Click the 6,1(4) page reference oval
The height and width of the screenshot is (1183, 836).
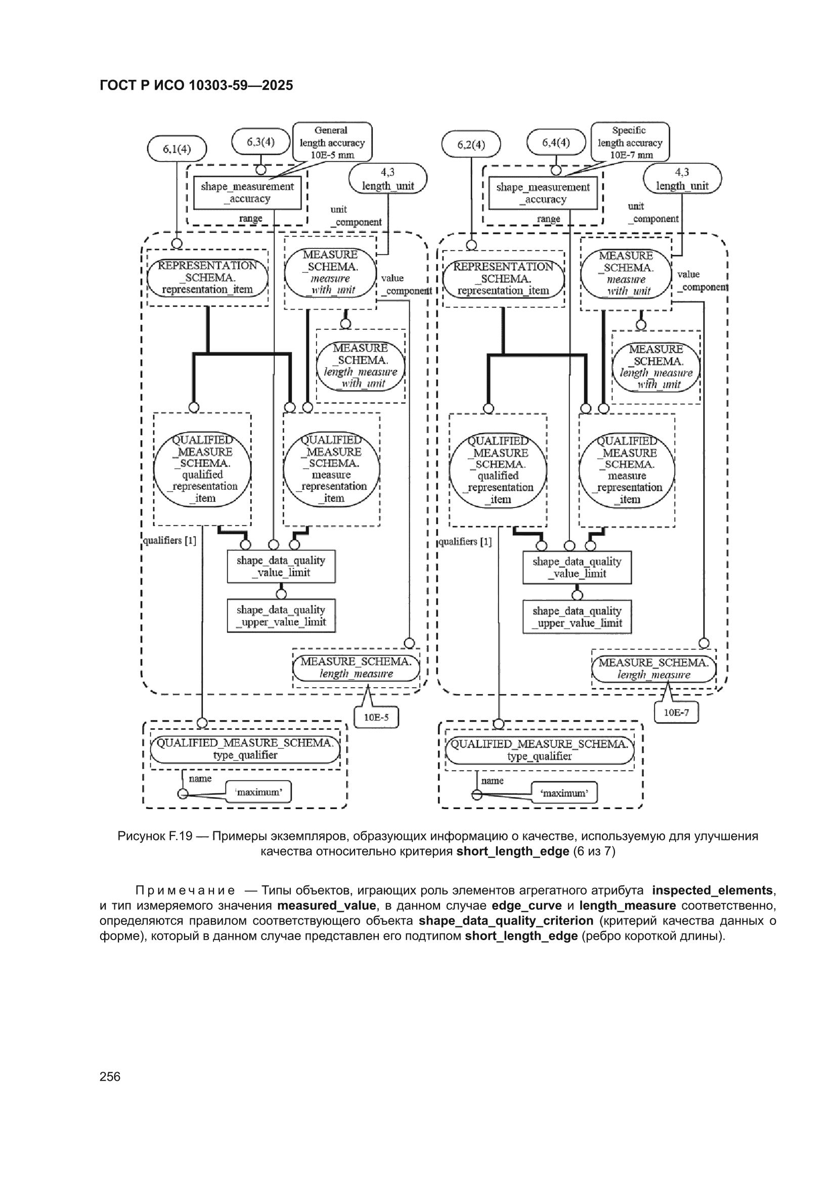pyautogui.click(x=177, y=149)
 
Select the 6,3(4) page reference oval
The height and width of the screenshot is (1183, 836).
pyautogui.click(x=260, y=142)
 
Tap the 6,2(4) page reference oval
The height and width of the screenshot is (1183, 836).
pyautogui.click(x=471, y=144)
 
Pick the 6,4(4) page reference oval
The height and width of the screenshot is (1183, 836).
pyautogui.click(x=556, y=142)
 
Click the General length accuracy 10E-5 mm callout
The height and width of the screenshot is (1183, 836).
pyautogui.click(x=332, y=142)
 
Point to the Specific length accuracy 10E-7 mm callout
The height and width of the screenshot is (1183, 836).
pyautogui.click(x=630, y=142)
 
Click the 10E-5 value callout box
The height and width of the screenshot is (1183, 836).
pyautogui.click(x=377, y=716)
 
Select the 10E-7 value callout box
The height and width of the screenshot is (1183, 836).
pyautogui.click(x=676, y=712)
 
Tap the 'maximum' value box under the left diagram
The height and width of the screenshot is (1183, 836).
pyautogui.click(x=258, y=792)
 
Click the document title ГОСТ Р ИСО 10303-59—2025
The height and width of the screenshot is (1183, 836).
pyautogui.click(x=196, y=85)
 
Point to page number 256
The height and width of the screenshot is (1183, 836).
pyautogui.click(x=110, y=1076)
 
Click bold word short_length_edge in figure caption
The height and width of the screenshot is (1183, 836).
pyautogui.click(x=512, y=851)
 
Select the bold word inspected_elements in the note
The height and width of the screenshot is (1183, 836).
pyautogui.click(x=713, y=891)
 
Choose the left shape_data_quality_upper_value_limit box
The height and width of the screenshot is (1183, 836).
pyautogui.click(x=281, y=616)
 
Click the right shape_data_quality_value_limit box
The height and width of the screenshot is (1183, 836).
pyautogui.click(x=577, y=567)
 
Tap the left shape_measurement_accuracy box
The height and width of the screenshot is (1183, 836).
pyautogui.click(x=247, y=193)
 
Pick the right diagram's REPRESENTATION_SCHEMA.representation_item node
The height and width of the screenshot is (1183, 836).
pyautogui.click(x=503, y=279)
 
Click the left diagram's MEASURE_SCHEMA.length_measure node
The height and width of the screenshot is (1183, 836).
pyautogui.click(x=357, y=668)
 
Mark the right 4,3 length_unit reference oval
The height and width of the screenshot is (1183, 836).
pyautogui.click(x=682, y=179)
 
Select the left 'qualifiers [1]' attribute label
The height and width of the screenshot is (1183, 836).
pyautogui.click(x=170, y=540)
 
